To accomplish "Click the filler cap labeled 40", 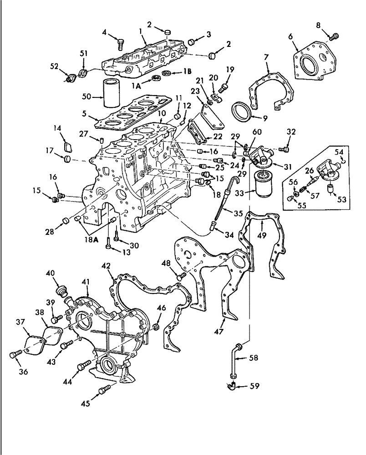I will (61, 291).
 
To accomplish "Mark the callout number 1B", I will (187, 71).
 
